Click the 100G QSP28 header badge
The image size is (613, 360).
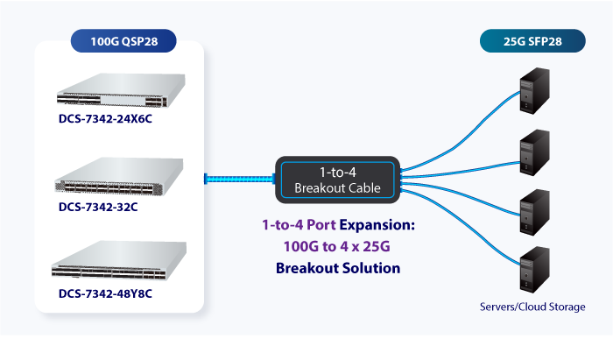pos(122,40)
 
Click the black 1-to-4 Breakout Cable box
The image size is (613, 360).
pos(337,179)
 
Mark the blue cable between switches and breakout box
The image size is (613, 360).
pos(240,179)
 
